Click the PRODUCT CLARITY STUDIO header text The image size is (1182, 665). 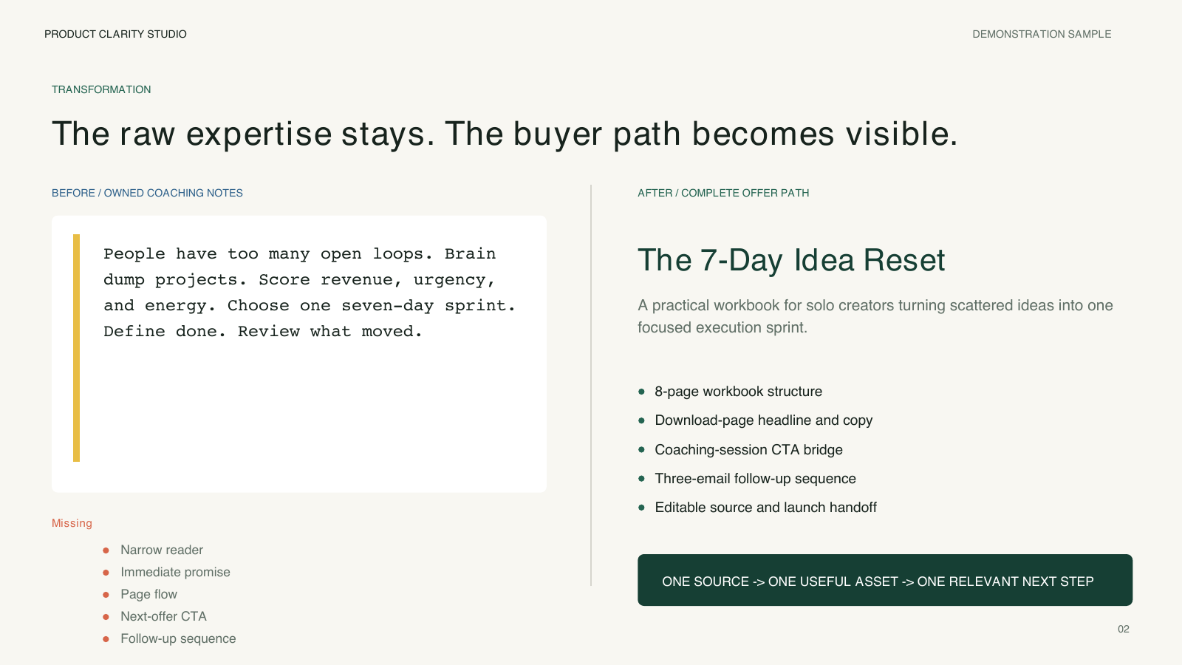coord(115,34)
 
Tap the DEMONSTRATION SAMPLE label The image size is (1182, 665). coord(1042,34)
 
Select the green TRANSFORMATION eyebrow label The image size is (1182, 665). coord(101,89)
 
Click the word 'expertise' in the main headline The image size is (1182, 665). coord(259,134)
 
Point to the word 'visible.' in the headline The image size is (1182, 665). coord(902,133)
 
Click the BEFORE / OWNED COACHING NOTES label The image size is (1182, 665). coord(147,193)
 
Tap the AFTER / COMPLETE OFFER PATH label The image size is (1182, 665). coord(723,193)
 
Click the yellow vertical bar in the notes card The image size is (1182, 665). coord(77,348)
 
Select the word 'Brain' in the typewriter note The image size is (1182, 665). coord(470,254)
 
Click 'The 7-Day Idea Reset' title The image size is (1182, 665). coord(791,260)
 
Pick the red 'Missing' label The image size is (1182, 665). coord(72,523)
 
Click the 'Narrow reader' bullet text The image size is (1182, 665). coord(162,550)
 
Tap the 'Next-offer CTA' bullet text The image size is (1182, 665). coord(163,616)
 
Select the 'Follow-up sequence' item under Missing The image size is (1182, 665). coord(178,638)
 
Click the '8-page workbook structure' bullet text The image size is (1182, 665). coord(738,392)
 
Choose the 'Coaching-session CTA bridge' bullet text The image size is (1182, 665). coord(749,450)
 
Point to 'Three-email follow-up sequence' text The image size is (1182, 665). coord(755,479)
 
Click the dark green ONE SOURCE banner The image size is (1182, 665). coord(885,580)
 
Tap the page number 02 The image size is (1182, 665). coord(1124,629)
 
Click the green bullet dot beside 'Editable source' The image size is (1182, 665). coord(642,508)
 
